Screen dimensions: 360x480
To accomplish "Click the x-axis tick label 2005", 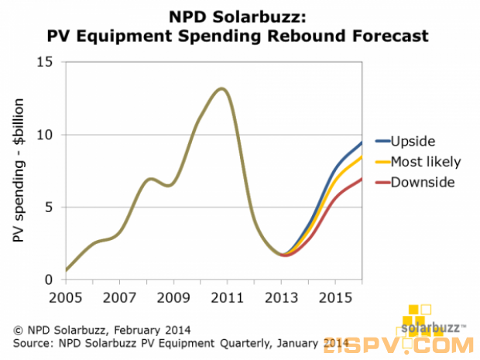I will pos(66,297).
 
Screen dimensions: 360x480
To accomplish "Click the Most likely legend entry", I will pos(426,162).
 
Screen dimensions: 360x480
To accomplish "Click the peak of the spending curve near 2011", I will pos(222,88).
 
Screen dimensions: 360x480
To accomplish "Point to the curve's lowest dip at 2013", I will pos(284,255).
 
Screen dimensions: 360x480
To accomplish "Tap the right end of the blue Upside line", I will pos(362,142).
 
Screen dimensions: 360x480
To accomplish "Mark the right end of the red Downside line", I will pos(362,179).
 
